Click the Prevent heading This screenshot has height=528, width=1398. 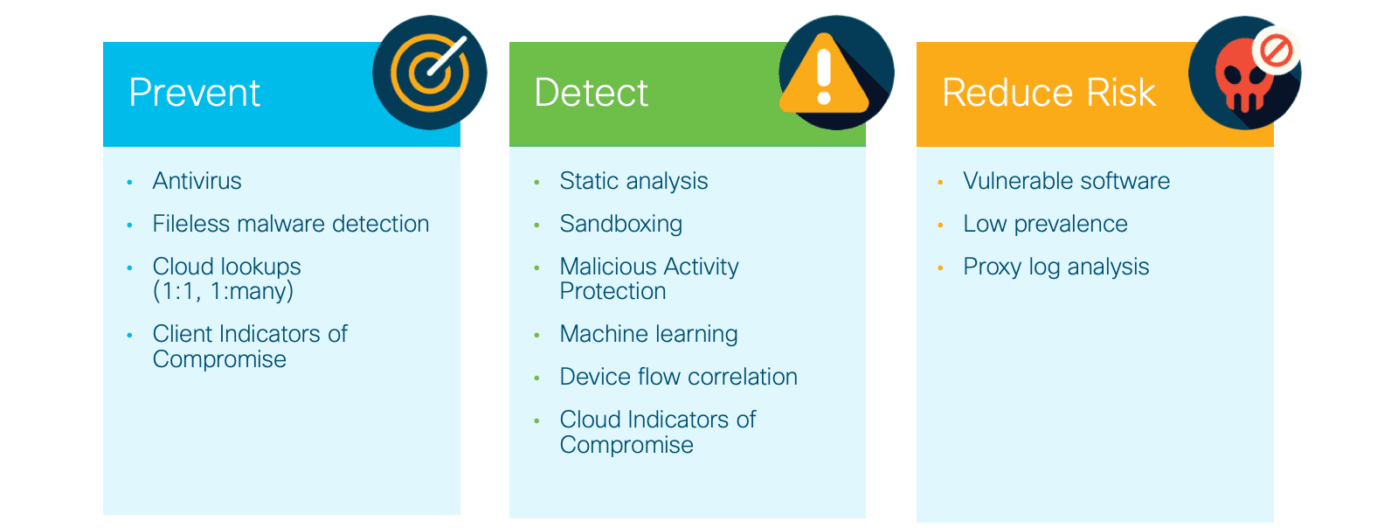[194, 93]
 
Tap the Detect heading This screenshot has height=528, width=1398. [591, 93]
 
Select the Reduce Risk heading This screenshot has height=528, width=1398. [1049, 93]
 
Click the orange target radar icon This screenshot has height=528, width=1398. [429, 73]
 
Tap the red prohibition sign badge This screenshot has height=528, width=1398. [1277, 51]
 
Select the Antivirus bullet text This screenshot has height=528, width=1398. [197, 181]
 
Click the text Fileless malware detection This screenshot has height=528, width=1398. [291, 224]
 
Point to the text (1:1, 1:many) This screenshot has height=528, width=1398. [223, 291]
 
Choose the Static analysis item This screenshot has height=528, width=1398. [633, 181]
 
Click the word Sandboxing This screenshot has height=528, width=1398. [621, 224]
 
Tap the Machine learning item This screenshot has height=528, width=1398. [648, 334]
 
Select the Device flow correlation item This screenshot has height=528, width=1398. [678, 377]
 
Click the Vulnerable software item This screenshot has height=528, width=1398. [1067, 181]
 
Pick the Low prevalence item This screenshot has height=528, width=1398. [1045, 224]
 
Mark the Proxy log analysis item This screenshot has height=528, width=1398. [1056, 267]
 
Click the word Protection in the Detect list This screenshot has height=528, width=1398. [612, 291]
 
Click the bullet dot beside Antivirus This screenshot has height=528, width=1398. [130, 182]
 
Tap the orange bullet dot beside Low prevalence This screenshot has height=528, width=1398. [940, 226]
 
